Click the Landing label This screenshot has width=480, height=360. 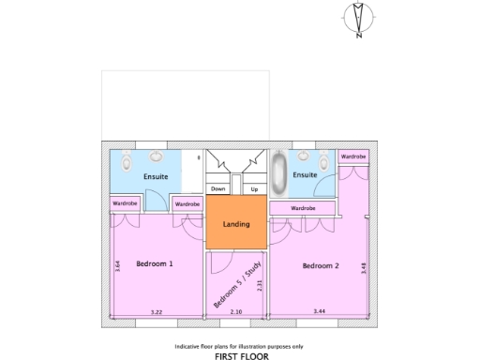click(236, 225)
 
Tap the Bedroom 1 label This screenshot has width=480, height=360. click(155, 264)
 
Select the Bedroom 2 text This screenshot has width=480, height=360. click(321, 266)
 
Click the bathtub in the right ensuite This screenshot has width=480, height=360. click(278, 172)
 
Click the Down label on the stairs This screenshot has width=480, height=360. click(218, 188)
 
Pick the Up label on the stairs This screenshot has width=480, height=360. click(254, 188)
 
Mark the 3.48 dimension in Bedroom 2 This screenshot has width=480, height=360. click(364, 267)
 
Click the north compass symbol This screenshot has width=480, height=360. click(359, 20)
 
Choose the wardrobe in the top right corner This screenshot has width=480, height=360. click(353, 157)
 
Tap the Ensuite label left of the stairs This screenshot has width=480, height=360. click(156, 176)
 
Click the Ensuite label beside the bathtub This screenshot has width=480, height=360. click(306, 174)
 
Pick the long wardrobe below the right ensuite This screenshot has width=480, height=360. click(302, 207)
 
